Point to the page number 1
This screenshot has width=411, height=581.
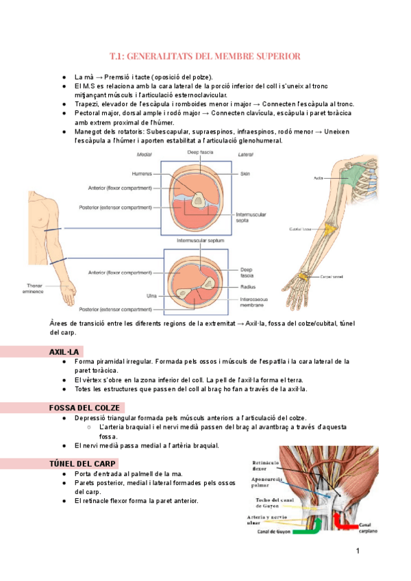[358, 551]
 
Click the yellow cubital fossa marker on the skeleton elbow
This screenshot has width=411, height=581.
[329, 228]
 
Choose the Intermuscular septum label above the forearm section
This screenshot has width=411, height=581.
[199, 241]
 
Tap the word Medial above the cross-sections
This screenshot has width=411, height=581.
[144, 155]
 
